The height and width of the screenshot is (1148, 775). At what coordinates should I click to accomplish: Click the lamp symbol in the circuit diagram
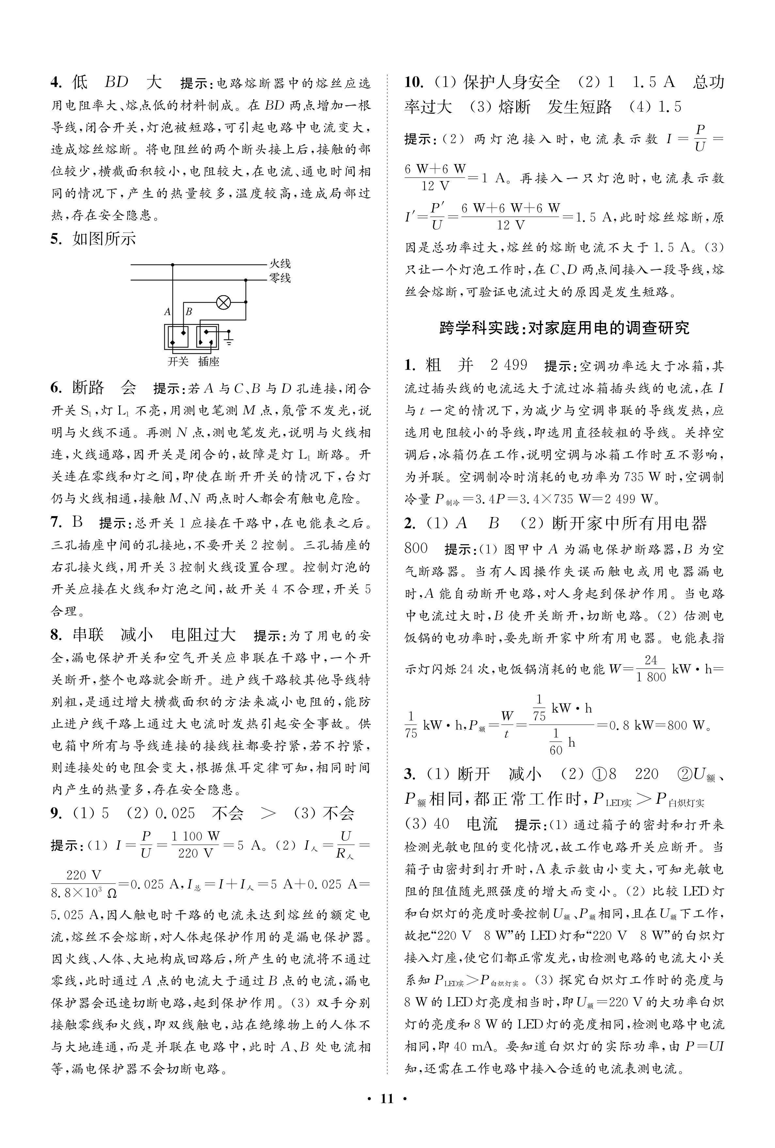[223, 302]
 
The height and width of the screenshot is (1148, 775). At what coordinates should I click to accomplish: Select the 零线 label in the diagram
[280, 279]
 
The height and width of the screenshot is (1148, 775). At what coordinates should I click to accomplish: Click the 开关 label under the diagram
[178, 362]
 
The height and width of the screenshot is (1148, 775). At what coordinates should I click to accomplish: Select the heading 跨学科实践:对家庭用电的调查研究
[564, 328]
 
